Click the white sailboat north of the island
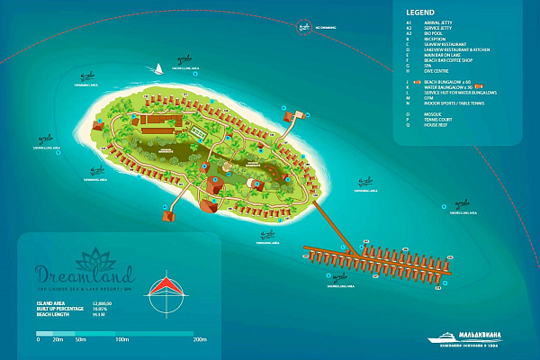(158, 67)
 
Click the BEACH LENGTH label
(52, 316)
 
